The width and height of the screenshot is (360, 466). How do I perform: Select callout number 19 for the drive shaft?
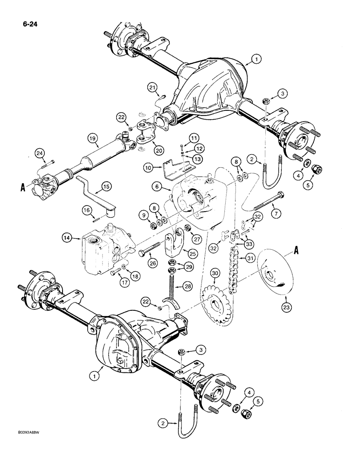(x=92, y=138)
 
